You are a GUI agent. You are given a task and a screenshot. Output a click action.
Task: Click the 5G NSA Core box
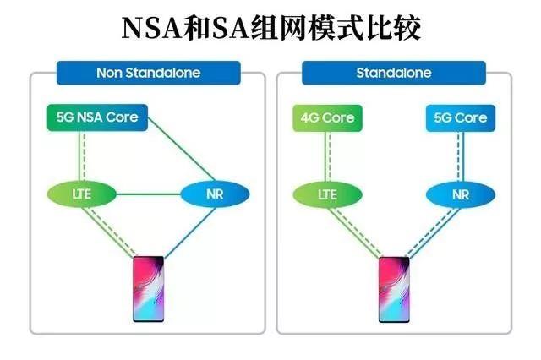pyautogui.click(x=97, y=118)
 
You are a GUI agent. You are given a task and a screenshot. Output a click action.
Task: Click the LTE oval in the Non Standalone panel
pyautogui.click(x=81, y=195)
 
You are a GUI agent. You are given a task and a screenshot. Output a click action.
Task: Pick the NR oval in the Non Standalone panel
pyautogui.click(x=215, y=195)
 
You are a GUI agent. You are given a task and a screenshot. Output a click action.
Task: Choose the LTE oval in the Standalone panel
pyautogui.click(x=326, y=195)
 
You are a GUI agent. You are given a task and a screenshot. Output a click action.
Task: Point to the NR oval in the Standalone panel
pyautogui.click(x=460, y=195)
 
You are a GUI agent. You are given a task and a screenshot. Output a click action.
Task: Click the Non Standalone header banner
pyautogui.click(x=148, y=73)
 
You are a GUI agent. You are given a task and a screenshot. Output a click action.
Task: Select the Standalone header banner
pyautogui.click(x=393, y=73)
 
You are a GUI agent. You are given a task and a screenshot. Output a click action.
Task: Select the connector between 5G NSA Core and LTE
pyautogui.click(x=82, y=156)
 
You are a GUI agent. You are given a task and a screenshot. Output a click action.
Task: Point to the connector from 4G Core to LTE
pyautogui.click(x=326, y=156)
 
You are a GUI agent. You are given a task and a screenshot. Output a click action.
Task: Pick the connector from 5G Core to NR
pyautogui.click(x=460, y=156)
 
